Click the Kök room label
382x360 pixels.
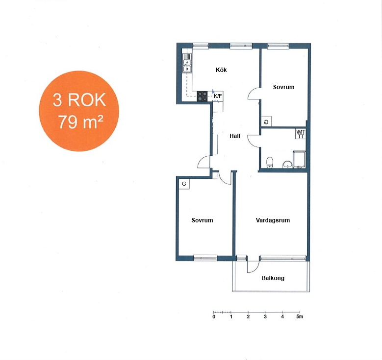[221, 70]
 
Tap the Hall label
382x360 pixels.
[235, 136]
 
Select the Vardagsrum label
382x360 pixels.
[273, 220]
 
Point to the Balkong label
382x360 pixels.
[273, 278]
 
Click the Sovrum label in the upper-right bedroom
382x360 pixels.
[283, 87]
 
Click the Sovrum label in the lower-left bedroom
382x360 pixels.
[202, 220]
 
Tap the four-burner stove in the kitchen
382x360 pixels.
[202, 96]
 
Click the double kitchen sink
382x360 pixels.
[187, 63]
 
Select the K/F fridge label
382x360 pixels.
[218, 96]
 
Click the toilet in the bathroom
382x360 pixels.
[269, 162]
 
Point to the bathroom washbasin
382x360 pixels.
[287, 165]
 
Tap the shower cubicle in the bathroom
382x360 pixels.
[300, 160]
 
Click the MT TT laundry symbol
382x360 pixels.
[301, 134]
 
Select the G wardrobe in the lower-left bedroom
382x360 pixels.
[184, 184]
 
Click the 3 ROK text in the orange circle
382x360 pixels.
[79, 100]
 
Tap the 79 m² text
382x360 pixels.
[80, 121]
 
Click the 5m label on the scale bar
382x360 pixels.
[300, 317]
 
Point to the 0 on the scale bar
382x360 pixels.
[214, 317]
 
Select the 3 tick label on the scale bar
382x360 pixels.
[265, 317]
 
